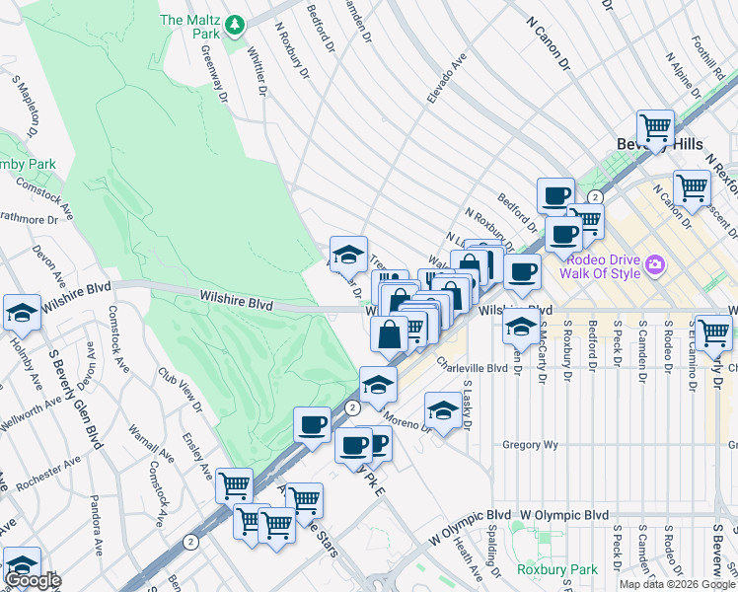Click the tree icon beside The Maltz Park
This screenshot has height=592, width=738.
(x=234, y=24)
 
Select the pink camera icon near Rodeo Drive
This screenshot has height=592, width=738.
(x=655, y=264)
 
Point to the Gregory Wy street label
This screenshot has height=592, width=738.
(x=530, y=445)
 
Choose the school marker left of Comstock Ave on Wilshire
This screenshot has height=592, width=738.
(x=22, y=313)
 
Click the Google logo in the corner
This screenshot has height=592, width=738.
(x=32, y=580)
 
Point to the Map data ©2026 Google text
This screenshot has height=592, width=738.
(x=677, y=584)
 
